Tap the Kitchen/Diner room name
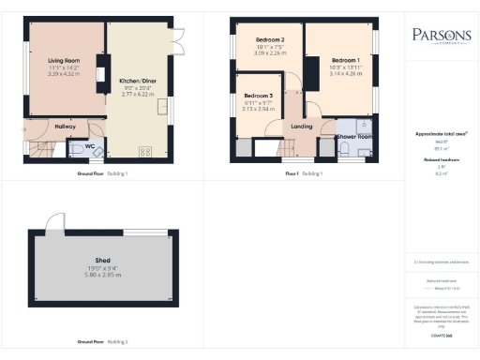click(x=136, y=81)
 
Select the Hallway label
click(x=66, y=126)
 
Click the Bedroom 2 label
click(x=269, y=40)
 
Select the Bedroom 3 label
click(x=258, y=97)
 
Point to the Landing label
click(x=302, y=126)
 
